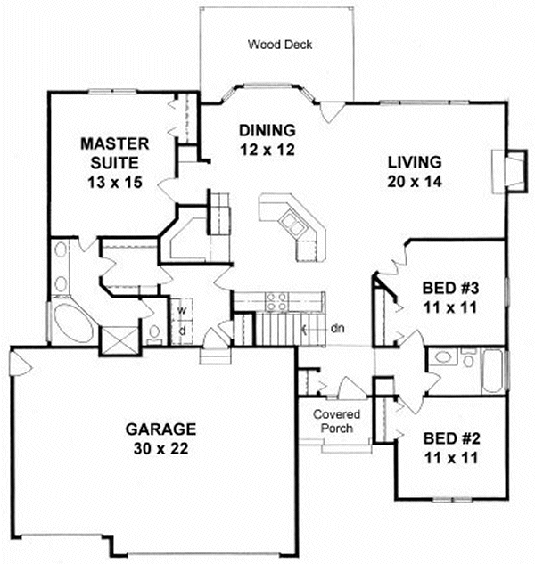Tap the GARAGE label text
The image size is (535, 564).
161,430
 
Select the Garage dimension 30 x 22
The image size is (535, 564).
161,451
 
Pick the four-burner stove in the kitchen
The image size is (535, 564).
276,302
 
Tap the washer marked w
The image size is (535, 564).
182,310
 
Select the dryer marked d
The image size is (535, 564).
182,331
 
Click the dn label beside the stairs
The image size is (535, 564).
338,329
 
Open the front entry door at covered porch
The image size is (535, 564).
351,389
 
